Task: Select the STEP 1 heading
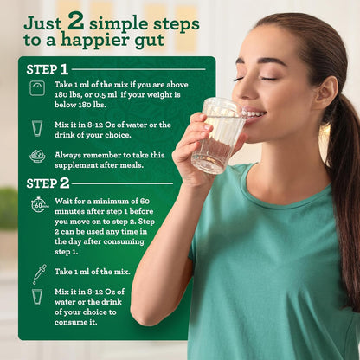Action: [x=47, y=69]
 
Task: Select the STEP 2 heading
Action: [x=48, y=183]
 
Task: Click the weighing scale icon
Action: [x=37, y=88]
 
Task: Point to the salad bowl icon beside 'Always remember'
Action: [x=37, y=156]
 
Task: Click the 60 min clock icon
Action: [x=39, y=205]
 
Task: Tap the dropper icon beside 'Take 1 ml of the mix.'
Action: [x=38, y=273]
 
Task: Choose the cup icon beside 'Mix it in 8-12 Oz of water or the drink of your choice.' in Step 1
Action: [x=37, y=128]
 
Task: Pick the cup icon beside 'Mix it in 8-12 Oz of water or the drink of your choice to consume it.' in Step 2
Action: [x=37, y=297]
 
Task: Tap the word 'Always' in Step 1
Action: [x=69, y=155]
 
